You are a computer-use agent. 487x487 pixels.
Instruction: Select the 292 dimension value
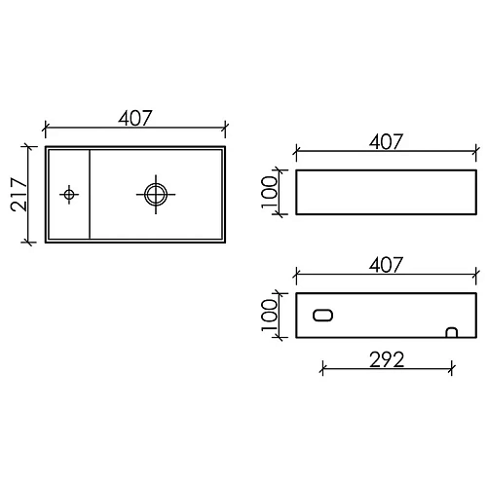coord(388,357)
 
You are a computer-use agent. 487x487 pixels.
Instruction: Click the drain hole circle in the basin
coord(154,193)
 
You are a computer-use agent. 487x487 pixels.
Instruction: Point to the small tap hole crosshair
coord(68,194)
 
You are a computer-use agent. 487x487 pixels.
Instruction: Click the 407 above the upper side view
coord(387,142)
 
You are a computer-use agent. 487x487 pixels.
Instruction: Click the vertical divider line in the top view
coord(91,194)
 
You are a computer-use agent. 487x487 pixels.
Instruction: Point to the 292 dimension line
coord(388,369)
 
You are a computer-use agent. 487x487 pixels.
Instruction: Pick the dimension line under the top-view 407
coord(135,128)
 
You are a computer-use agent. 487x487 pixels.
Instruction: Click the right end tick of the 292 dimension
coord(451,369)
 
